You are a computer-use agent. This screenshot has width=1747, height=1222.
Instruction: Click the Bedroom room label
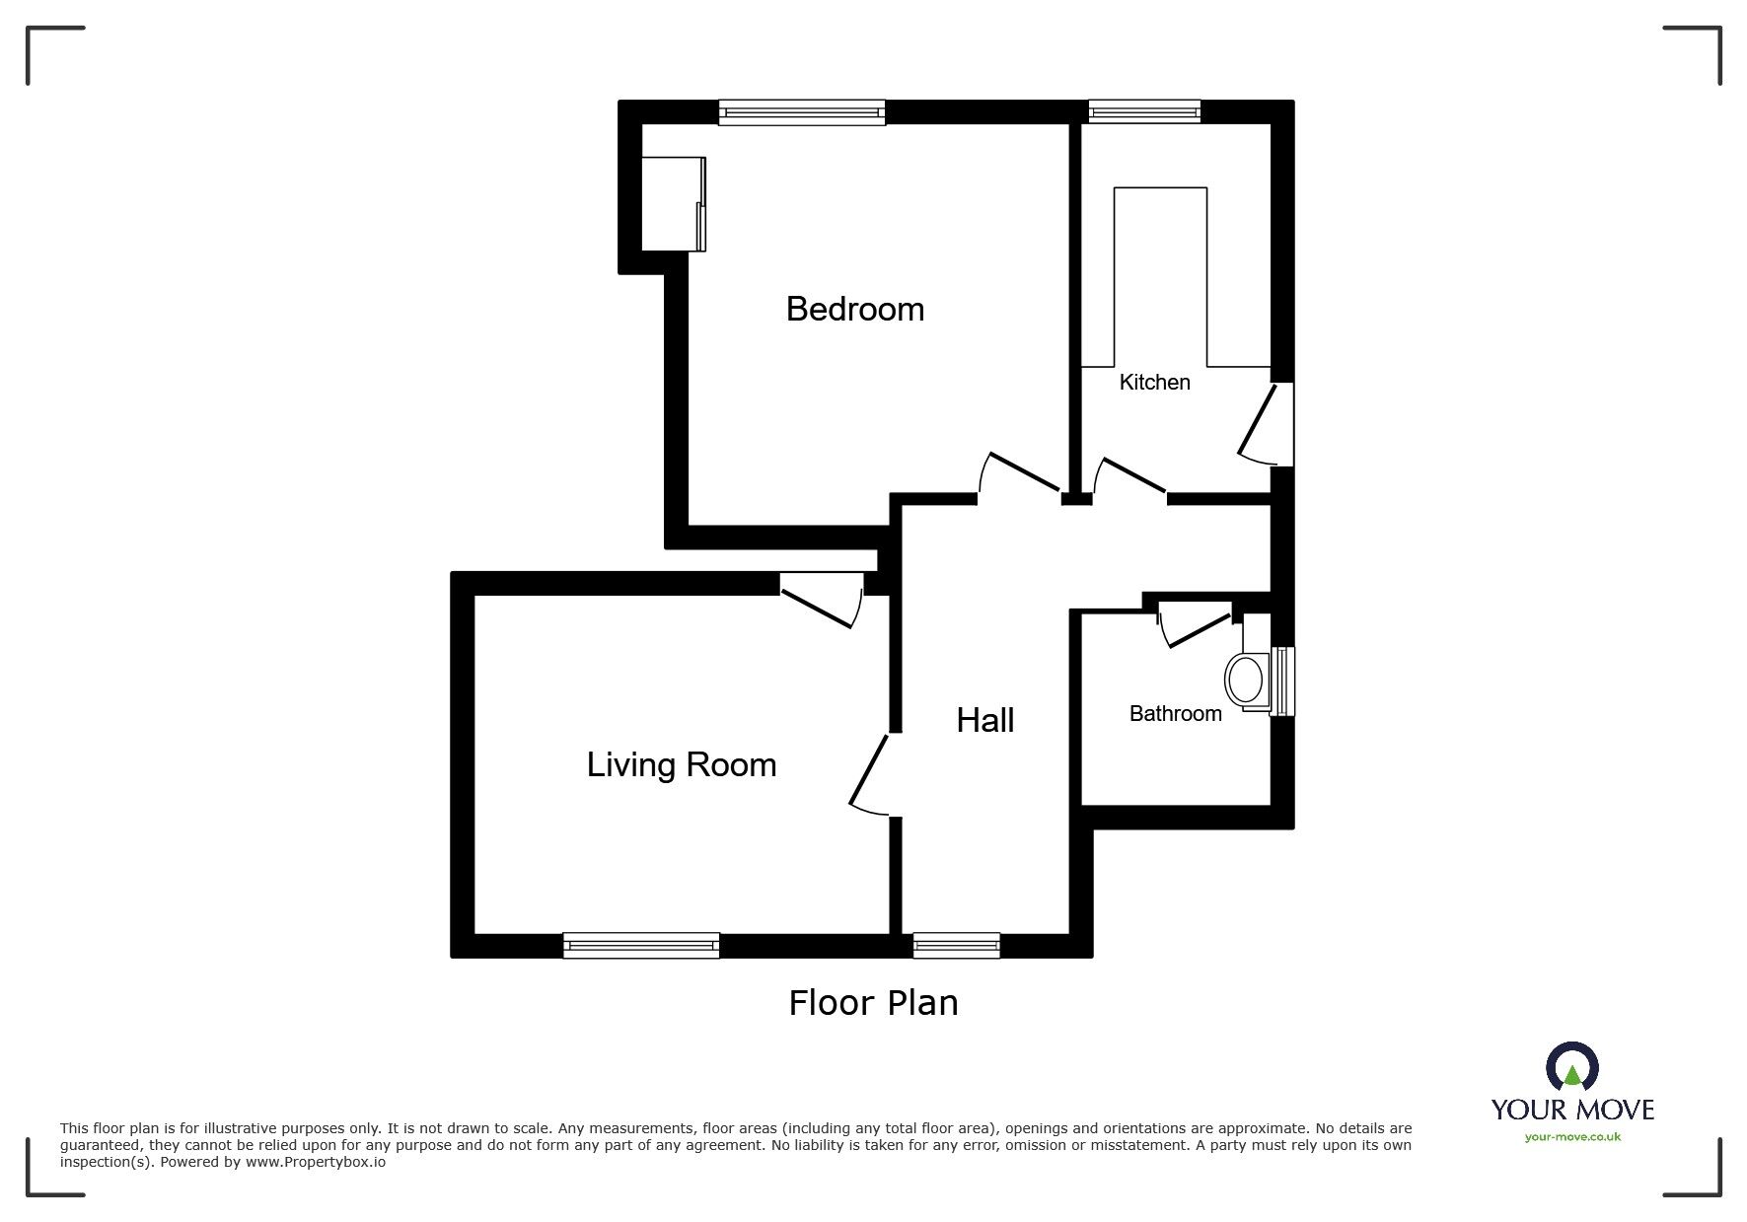point(854,309)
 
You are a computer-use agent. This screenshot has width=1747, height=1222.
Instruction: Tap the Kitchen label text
point(1154,382)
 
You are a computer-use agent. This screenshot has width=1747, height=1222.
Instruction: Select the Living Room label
point(681,764)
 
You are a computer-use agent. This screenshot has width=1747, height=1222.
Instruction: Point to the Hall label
point(984,720)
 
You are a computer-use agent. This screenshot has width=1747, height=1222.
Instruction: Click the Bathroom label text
point(1175,713)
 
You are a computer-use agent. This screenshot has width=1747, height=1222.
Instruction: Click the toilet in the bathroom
point(1246,680)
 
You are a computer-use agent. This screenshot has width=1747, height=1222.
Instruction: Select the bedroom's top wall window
point(801,112)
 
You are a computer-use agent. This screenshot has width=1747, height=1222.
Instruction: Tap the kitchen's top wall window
point(1144,112)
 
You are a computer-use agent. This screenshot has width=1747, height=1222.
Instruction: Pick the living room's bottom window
point(641,945)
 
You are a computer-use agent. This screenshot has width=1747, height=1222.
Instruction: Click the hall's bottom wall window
point(956,945)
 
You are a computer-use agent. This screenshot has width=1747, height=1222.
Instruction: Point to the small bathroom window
point(1282,681)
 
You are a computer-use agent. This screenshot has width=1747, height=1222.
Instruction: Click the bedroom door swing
point(1021,472)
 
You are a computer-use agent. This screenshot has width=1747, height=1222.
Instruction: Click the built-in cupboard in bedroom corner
point(673,203)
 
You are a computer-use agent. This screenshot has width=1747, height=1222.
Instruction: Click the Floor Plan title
point(873,1002)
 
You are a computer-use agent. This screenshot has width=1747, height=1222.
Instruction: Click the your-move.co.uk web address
point(1572,1137)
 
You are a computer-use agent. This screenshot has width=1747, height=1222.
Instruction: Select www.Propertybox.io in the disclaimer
point(315,1162)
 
